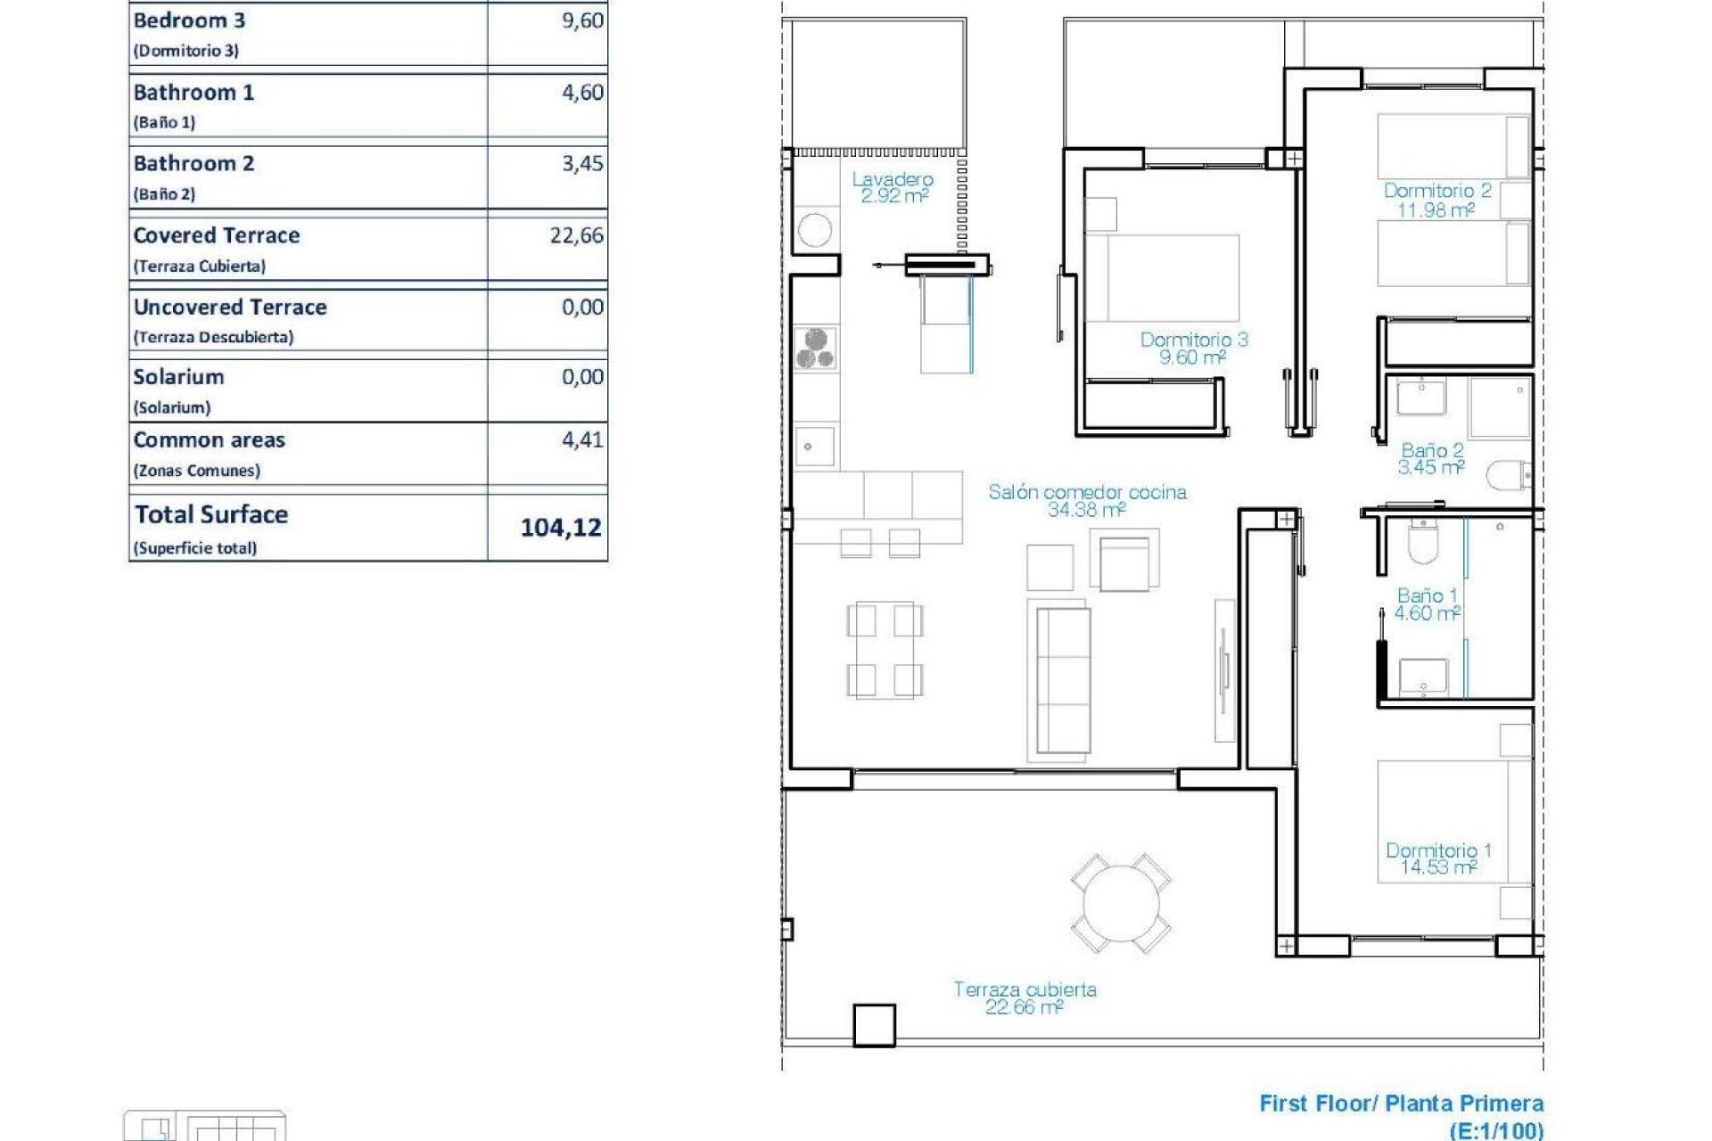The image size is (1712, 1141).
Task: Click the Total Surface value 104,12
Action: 561,528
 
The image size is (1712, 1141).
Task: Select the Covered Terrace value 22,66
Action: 576,235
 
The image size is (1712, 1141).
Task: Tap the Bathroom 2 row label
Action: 193,164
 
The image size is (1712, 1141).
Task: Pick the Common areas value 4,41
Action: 581,439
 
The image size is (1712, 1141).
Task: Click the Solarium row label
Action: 178,377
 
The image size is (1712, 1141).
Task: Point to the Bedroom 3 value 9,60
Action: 582,21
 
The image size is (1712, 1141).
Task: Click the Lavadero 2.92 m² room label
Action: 893,188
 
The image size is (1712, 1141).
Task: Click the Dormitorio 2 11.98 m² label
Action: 1436,200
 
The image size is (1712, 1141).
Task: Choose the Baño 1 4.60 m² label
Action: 1427,603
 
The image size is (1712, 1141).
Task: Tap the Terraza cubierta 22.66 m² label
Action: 1025,997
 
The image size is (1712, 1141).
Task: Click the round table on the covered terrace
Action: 1121,903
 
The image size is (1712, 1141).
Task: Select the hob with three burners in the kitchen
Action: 815,349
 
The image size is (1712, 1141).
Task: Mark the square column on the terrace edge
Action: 874,1025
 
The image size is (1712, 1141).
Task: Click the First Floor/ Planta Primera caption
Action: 1401,1104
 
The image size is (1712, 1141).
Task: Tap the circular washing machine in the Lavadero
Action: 815,231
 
